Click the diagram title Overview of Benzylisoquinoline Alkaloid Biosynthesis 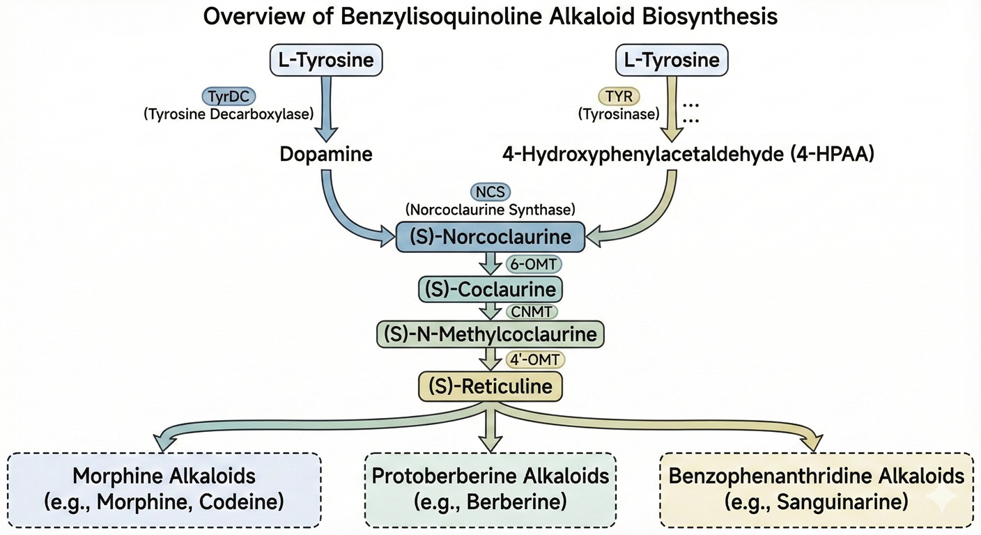490,17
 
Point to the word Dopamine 326,154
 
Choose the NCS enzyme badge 490,192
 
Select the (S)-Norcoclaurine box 490,237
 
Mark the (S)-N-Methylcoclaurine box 490,334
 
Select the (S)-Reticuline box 490,385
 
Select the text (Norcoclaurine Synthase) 490,208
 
